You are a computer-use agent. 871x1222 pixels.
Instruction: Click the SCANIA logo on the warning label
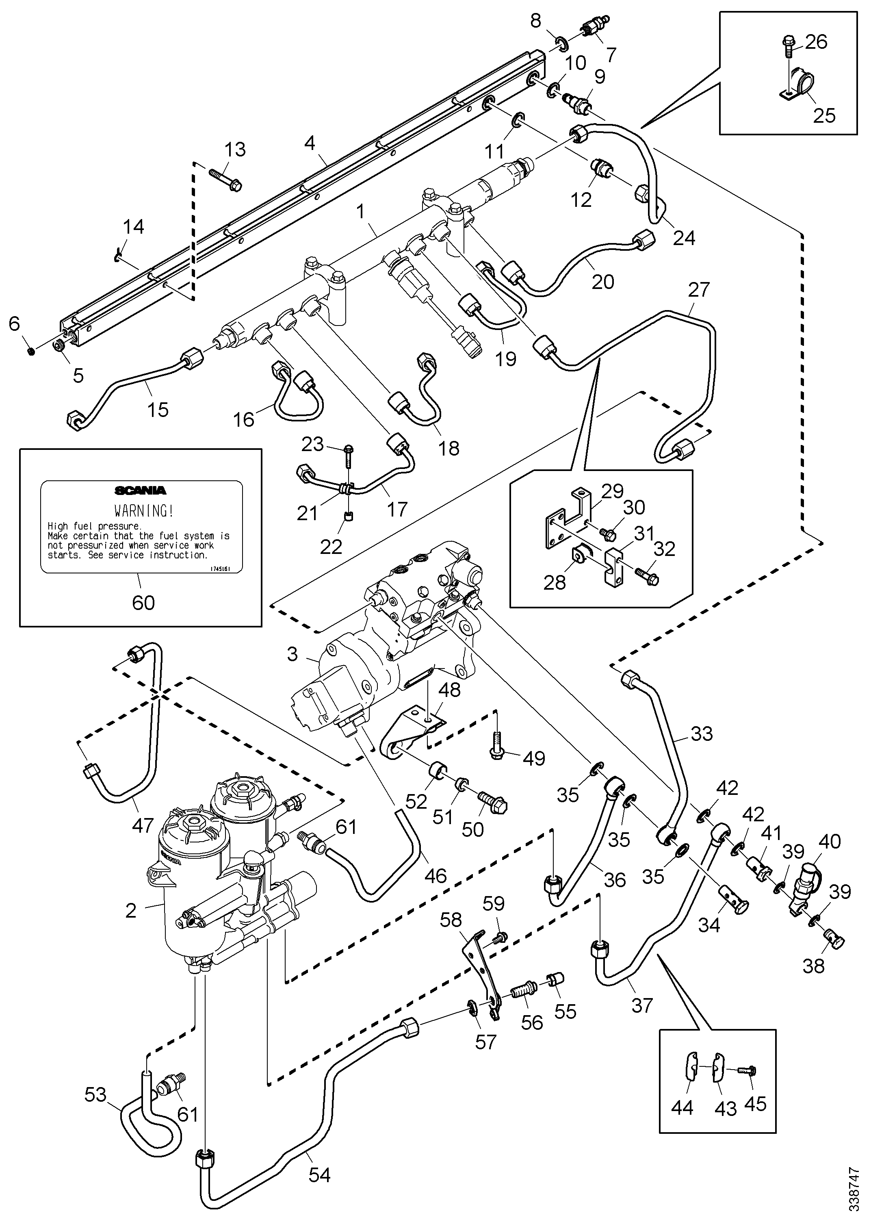coord(141,490)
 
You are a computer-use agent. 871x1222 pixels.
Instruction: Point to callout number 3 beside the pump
coord(292,654)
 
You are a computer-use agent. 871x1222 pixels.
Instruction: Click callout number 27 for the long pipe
coord(698,290)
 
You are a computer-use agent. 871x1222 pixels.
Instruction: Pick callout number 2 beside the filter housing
coord(131,910)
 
